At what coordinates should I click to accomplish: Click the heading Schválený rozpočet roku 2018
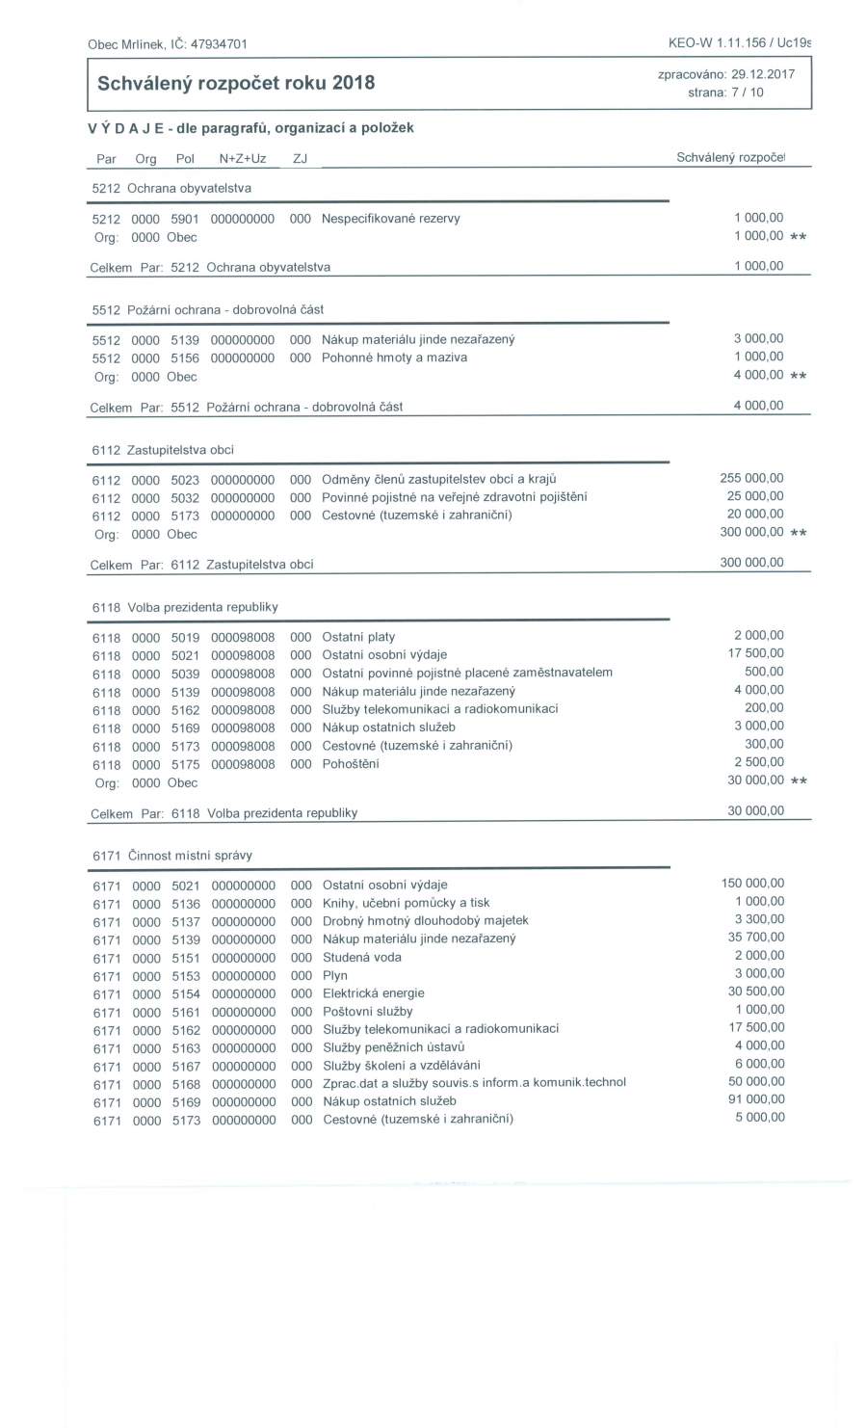tap(236, 83)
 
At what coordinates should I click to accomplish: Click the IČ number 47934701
tap(219, 44)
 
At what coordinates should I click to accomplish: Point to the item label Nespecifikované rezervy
tap(390, 219)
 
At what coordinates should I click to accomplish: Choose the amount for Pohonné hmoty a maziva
tap(758, 357)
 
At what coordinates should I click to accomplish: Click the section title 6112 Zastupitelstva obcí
tap(163, 450)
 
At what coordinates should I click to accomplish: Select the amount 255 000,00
tap(751, 478)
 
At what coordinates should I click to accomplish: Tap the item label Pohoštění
tap(350, 764)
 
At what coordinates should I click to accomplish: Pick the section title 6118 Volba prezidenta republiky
tap(185, 607)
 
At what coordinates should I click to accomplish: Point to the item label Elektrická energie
tap(373, 993)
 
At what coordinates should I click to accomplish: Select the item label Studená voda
tap(361, 958)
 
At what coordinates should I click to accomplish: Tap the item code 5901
tap(185, 219)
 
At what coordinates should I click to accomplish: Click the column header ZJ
tap(300, 158)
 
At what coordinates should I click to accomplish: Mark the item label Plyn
tap(334, 975)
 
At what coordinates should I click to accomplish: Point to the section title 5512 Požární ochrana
tap(207, 309)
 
